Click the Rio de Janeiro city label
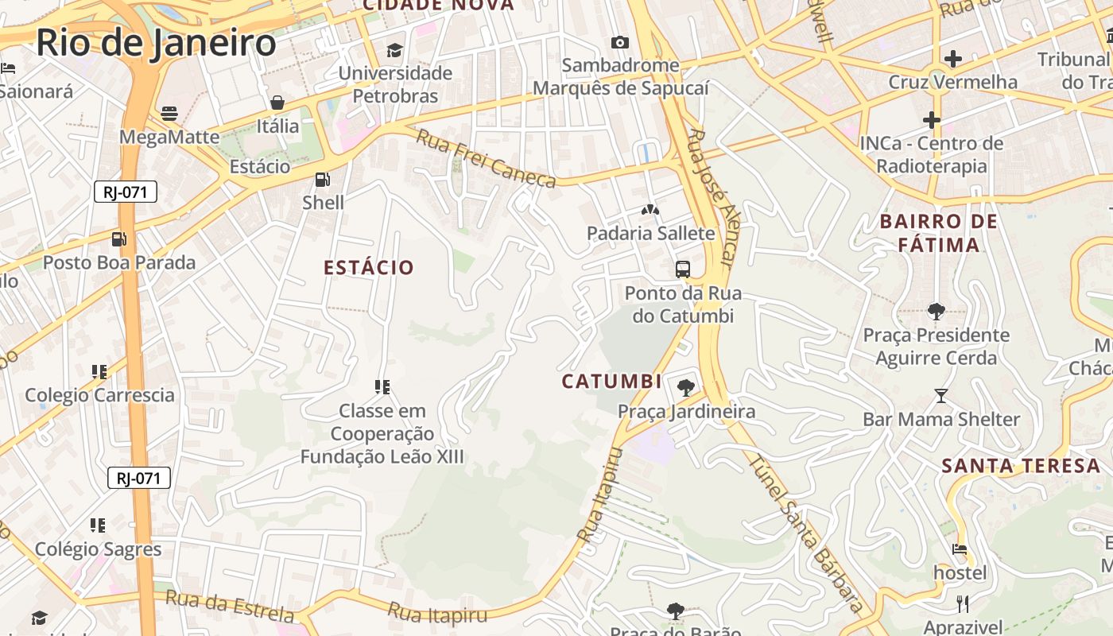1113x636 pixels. tap(156, 42)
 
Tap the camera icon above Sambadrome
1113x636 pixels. tap(620, 42)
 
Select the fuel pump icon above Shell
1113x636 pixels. tap(323, 180)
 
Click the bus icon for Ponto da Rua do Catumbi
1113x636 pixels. tap(683, 270)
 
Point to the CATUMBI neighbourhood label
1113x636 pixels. tap(611, 382)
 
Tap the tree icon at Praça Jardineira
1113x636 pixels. tap(686, 388)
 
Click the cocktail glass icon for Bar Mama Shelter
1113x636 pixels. tap(941, 395)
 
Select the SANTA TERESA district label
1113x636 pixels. tap(1021, 466)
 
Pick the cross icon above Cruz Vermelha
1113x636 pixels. tap(952, 58)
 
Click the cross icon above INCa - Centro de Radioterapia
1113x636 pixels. tap(932, 120)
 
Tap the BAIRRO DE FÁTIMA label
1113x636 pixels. tap(939, 233)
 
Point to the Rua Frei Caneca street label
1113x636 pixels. tap(487, 159)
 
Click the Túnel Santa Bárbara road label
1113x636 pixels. tap(805, 533)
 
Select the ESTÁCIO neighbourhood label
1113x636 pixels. tap(369, 267)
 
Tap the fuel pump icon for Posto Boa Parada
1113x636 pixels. tap(119, 238)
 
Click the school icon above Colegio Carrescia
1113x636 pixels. tap(99, 371)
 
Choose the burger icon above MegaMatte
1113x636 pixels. tap(169, 113)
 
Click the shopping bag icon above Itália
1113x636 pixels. tap(277, 102)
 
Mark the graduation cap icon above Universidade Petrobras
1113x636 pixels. tap(395, 50)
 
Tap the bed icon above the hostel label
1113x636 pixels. tap(960, 549)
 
